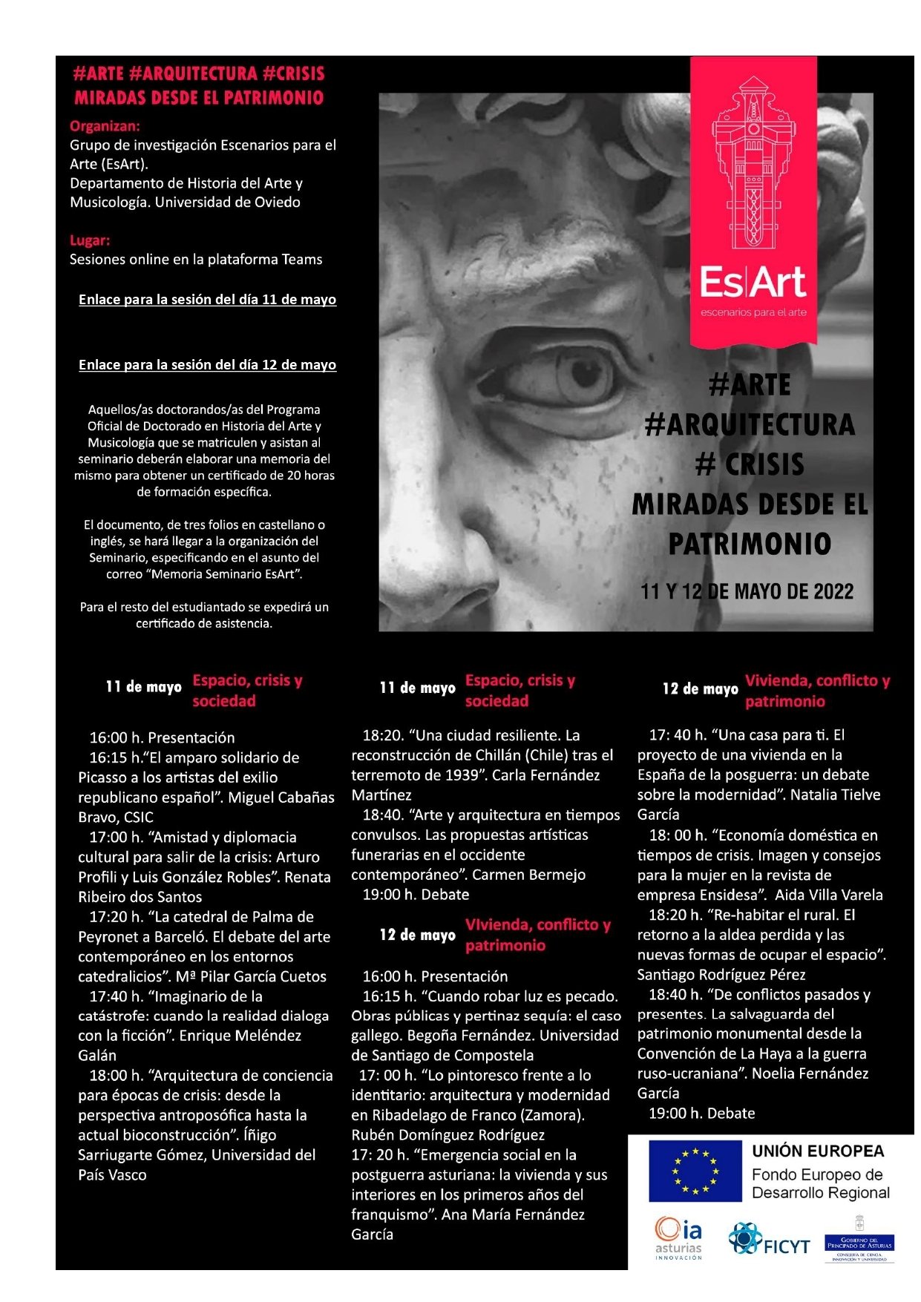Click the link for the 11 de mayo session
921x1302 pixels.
[207, 300]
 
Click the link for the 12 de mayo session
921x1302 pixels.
[207, 365]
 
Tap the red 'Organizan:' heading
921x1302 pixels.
[105, 126]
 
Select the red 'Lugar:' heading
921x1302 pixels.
[90, 240]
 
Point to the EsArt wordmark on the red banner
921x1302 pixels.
[753, 283]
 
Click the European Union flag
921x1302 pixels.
[695, 1171]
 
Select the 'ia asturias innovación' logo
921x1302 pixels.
[678, 1237]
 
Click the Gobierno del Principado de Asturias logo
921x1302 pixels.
[859, 1239]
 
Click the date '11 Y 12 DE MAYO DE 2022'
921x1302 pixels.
[747, 591]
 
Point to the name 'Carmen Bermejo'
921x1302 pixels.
[528, 875]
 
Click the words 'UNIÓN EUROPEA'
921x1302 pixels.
[818, 1151]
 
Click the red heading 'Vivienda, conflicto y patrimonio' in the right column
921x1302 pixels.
[816, 691]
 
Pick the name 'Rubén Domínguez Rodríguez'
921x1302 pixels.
[448, 1135]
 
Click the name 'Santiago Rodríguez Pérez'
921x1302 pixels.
[721, 975]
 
